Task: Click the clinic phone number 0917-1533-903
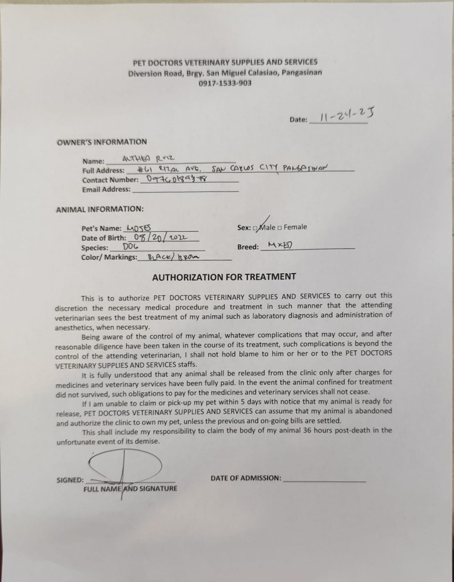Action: pyautogui.click(x=225, y=83)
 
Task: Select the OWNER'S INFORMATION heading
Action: pyautogui.click(x=101, y=142)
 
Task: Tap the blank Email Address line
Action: pyautogui.click(x=185, y=190)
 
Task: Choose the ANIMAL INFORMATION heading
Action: pyautogui.click(x=100, y=209)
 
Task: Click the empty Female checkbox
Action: pyautogui.click(x=280, y=227)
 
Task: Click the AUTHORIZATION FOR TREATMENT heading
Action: pyautogui.click(x=224, y=277)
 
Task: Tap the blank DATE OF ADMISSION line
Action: pyautogui.click(x=324, y=479)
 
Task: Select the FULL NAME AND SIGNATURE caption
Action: pyautogui.click(x=130, y=489)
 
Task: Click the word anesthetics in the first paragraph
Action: pyautogui.click(x=75, y=327)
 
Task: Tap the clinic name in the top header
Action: pyautogui.click(x=225, y=62)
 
